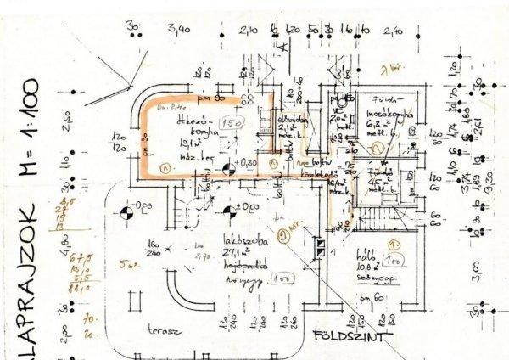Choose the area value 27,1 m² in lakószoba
[231, 253]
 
